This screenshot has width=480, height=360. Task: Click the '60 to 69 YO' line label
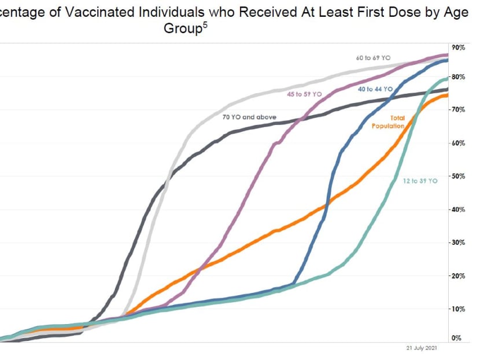pos(374,58)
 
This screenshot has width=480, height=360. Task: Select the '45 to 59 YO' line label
pos(304,93)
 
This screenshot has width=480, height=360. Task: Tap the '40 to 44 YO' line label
pos(375,89)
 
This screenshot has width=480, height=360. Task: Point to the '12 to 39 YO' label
pos(420,181)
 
